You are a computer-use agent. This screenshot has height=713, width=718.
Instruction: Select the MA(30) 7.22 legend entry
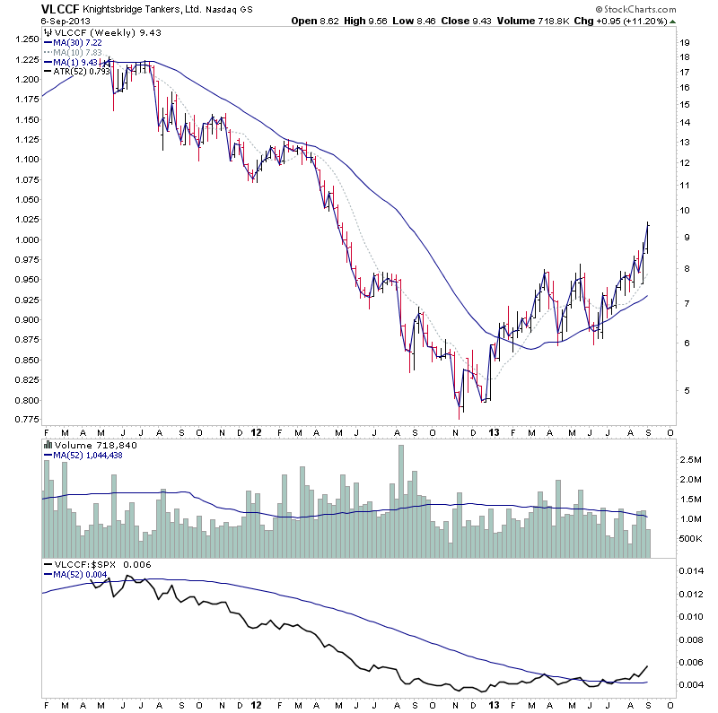[x=80, y=42]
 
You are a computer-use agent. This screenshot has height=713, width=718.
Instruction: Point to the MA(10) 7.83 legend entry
[x=80, y=52]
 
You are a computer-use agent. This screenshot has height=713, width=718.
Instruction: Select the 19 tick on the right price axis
[x=684, y=42]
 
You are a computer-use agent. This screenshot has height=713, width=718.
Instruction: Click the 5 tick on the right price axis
[x=684, y=391]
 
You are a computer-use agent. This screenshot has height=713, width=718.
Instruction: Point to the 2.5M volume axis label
[x=688, y=459]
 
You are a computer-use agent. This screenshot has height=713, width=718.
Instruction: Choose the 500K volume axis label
[x=688, y=538]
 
